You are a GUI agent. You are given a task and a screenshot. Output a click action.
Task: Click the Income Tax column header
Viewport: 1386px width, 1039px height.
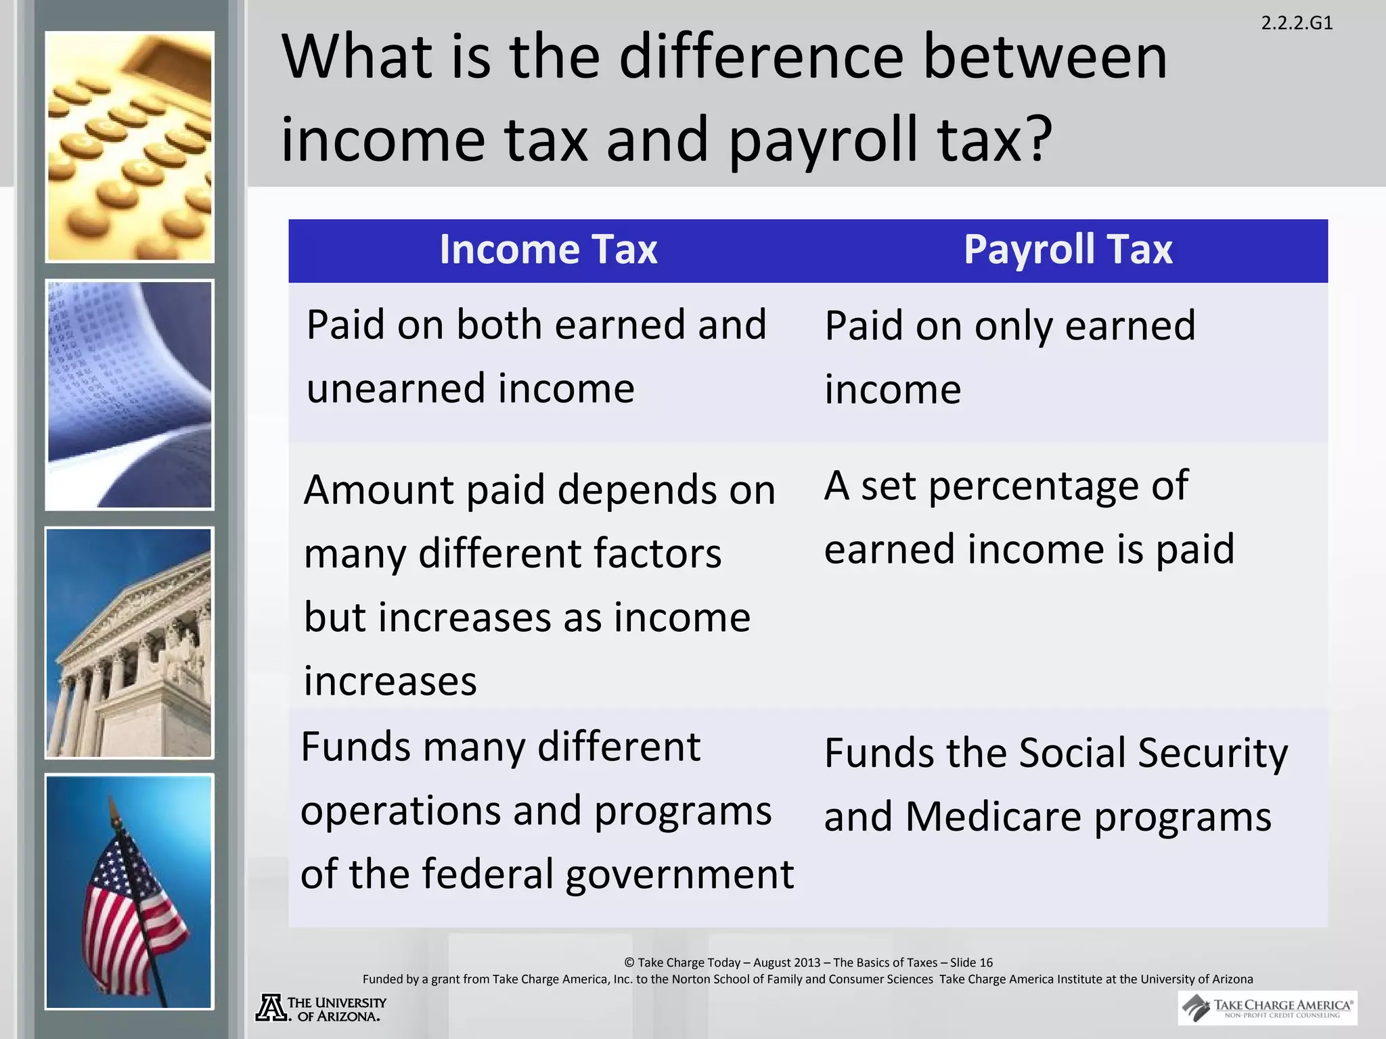pyautogui.click(x=548, y=250)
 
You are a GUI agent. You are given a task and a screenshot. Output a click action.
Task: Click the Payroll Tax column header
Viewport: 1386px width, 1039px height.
pyautogui.click(x=1067, y=250)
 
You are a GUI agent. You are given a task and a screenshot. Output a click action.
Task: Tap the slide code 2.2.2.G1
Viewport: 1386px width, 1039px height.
pyautogui.click(x=1297, y=24)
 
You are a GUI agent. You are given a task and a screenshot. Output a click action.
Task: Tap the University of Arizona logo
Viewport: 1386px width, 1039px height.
pyautogui.click(x=321, y=1008)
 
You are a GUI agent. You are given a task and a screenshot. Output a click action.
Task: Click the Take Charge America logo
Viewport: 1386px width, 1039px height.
pyautogui.click(x=1267, y=1008)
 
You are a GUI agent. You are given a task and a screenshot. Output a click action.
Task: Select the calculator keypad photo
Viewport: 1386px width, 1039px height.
pyautogui.click(x=129, y=147)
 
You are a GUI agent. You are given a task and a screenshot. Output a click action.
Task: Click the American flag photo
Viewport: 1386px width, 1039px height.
pyautogui.click(x=129, y=892)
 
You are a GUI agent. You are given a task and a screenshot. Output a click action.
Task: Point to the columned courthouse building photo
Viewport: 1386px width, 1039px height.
pyautogui.click(x=129, y=643)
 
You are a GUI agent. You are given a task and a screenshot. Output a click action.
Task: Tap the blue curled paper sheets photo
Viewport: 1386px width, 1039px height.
pyautogui.click(x=129, y=394)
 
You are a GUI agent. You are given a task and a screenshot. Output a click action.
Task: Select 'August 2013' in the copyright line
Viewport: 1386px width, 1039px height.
pyautogui.click(x=786, y=963)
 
